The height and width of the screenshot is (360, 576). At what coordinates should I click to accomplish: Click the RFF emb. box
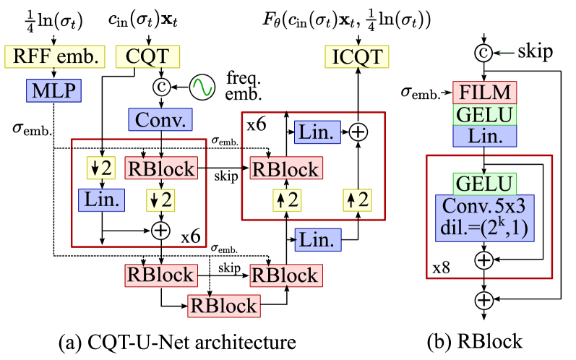pyautogui.click(x=55, y=56)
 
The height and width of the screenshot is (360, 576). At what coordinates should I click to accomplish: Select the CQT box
pyautogui.click(x=148, y=56)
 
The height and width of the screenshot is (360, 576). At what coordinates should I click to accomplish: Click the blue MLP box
pyautogui.click(x=54, y=91)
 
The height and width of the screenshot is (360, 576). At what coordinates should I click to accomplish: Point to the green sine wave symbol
pyautogui.click(x=202, y=87)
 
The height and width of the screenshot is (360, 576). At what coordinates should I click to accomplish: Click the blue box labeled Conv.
pyautogui.click(x=160, y=119)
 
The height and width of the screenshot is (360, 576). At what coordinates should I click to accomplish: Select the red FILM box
pyautogui.click(x=484, y=93)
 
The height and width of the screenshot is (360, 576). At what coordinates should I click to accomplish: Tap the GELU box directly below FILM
pyautogui.click(x=484, y=114)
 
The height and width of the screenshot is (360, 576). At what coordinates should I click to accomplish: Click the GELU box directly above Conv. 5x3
pyautogui.click(x=484, y=184)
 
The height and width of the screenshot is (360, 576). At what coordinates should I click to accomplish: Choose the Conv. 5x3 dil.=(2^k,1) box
pyautogui.click(x=484, y=218)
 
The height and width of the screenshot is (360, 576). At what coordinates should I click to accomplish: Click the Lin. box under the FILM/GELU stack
pyautogui.click(x=484, y=136)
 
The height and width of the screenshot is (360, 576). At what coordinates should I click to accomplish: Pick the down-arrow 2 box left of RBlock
pyautogui.click(x=102, y=168)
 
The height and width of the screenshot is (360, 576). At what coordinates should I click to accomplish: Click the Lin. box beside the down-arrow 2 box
pyautogui.click(x=102, y=200)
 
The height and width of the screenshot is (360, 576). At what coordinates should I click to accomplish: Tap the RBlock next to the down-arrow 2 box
pyautogui.click(x=160, y=168)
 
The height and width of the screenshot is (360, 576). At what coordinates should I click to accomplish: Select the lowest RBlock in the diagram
pyautogui.click(x=223, y=306)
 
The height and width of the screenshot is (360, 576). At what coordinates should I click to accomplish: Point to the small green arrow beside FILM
pyautogui.click(x=445, y=93)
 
